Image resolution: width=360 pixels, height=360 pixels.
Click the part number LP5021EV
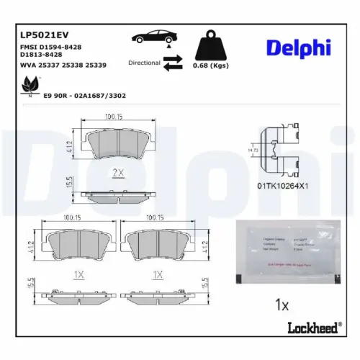pos(44,34)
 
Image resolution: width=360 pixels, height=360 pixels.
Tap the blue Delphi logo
pos(298,48)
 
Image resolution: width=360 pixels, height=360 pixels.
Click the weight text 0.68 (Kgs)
pos(210,66)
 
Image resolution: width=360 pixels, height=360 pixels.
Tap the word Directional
pos(144,63)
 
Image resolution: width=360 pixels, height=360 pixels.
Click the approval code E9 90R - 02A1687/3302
pos(86,95)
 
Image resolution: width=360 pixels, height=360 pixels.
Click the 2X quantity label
pos(119,173)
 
